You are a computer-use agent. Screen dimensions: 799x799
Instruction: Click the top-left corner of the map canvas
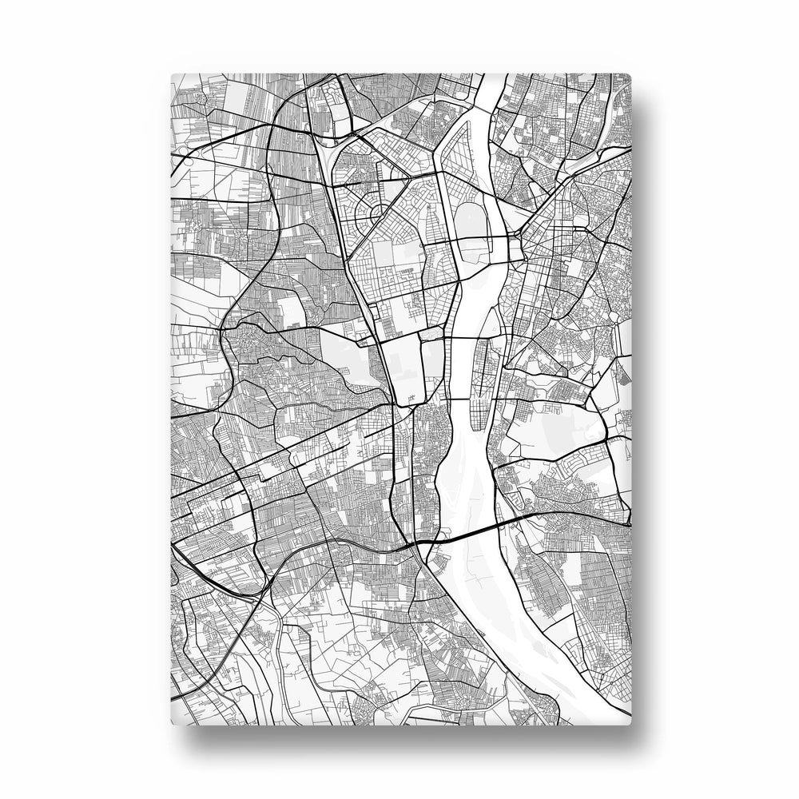tap(173, 75)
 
